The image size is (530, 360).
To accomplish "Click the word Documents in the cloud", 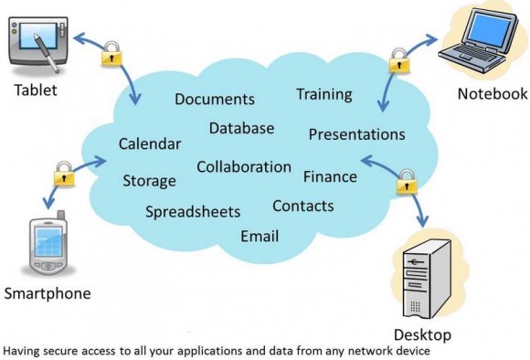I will pos(214,100).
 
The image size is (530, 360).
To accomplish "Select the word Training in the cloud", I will pos(323,94).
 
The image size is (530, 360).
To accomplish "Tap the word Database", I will pos(241,128).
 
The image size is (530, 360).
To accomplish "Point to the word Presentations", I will pos(356,134).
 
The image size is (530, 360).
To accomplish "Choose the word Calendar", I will pos(150,144).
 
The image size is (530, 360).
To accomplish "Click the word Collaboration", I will pos(244,167).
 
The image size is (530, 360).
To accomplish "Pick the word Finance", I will pos(330,175).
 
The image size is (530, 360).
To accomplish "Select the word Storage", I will pos(149,181).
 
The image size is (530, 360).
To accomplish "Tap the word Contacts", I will pos(303,206).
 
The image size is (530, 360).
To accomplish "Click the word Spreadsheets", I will pos(193,212).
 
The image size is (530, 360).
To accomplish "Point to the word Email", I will pos(260,237).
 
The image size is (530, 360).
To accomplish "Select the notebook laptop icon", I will pos(480,46).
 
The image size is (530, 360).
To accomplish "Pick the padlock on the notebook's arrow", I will pos(398,61).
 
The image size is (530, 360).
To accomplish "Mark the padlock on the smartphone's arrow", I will pos(63,172).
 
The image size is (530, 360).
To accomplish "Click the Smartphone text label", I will pos(48,293).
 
